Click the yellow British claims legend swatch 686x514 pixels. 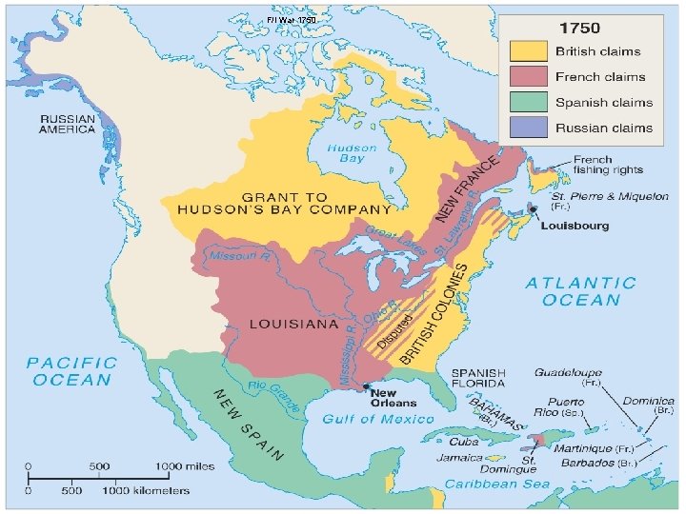coord(528,51)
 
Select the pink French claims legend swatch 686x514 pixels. coord(528,77)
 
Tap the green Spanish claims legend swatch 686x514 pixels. coord(528,103)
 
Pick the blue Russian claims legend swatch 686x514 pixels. coord(528,128)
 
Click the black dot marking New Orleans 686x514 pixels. coord(367,386)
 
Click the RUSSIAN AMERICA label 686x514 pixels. coord(67,124)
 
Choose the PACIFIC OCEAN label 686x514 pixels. coord(71,371)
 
